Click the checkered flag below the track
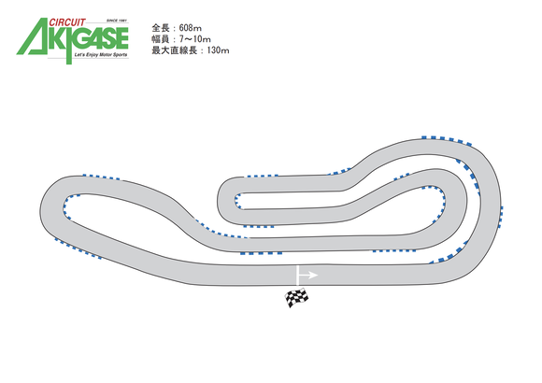pos(296,298)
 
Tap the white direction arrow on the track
pos(308,276)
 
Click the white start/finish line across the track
pos(297,276)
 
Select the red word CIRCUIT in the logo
pos(67,22)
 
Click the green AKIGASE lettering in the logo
pos(73,40)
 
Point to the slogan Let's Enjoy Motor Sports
pos(101,55)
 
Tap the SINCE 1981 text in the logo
pos(117,21)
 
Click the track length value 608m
pos(190,28)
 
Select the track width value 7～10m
pos(195,39)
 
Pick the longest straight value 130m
pos(218,50)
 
